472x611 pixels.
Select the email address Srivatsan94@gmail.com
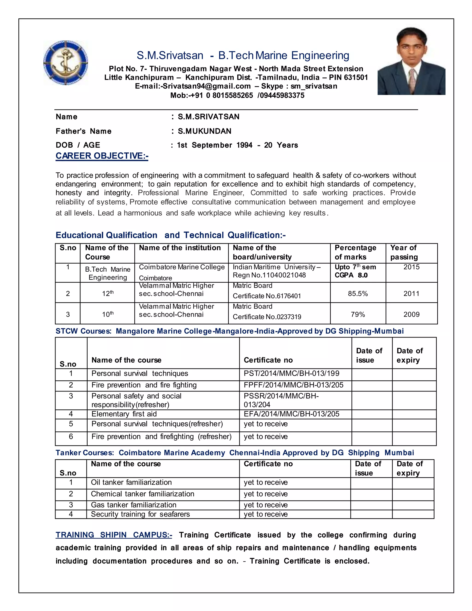206,86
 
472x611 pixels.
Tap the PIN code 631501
355,77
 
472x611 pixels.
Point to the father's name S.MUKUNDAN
204,131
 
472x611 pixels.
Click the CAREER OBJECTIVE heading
102,156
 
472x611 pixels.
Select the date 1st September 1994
215,145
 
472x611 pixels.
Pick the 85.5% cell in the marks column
358,294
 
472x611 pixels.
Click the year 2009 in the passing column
411,314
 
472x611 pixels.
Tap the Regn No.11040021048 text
269,275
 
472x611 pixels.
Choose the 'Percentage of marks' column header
355,252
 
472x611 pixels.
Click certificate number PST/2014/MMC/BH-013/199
291,374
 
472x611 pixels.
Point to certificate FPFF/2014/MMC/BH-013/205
293,385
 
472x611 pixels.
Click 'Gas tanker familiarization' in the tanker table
133,505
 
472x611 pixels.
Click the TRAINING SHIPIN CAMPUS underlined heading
114,535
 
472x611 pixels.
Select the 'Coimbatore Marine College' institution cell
181,267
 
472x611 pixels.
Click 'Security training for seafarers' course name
140,514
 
